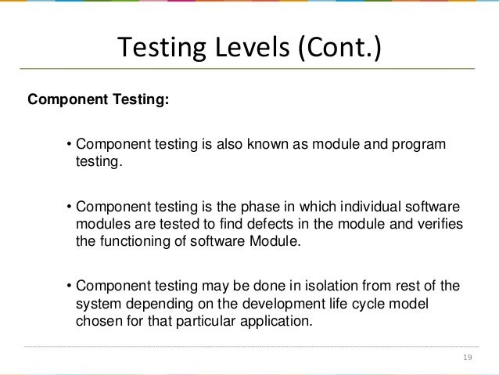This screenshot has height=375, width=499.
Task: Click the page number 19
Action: point(468,359)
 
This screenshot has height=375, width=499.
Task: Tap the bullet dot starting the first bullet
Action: point(69,145)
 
